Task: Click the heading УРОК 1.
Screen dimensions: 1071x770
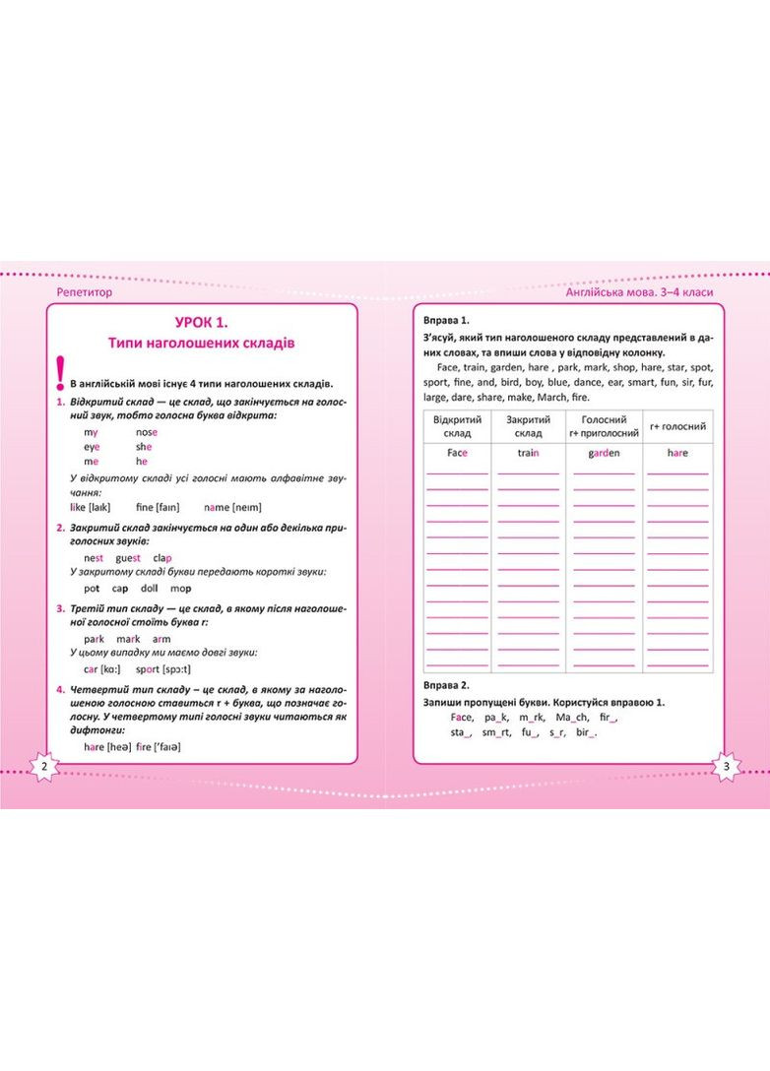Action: pos(201,321)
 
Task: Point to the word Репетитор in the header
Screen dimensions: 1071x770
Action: pos(86,292)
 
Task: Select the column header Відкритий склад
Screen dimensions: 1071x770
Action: pos(457,426)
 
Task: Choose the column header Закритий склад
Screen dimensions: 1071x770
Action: pos(528,426)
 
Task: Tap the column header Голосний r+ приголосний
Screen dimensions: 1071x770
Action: pos(604,426)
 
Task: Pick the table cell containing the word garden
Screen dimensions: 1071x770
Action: pos(604,453)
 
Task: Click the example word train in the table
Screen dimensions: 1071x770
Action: pos(528,453)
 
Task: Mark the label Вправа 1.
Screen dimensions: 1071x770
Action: pos(446,321)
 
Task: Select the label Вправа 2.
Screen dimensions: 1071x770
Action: pos(446,684)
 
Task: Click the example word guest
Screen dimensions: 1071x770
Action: pos(129,557)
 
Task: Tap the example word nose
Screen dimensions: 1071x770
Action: pos(147,432)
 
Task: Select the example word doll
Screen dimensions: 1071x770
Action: pos(150,588)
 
